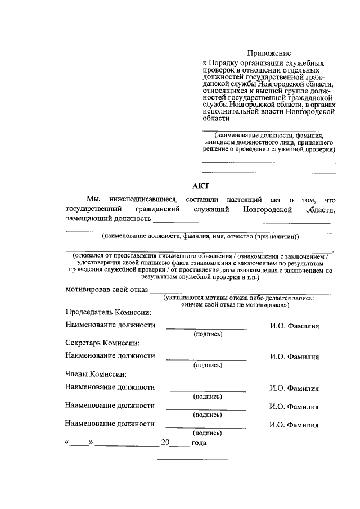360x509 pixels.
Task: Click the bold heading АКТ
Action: [200, 187]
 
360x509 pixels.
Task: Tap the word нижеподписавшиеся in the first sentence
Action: [144, 199]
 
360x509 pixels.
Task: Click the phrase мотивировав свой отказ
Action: [106, 290]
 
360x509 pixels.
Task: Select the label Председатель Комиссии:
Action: [109, 312]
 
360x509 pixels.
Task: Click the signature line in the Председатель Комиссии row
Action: [206, 328]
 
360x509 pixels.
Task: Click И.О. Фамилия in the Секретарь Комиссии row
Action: [294, 357]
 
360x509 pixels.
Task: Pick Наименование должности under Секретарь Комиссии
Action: [110, 356]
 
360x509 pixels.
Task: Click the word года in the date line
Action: [199, 443]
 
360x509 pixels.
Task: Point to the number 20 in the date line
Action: [165, 443]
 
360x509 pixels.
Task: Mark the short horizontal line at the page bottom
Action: [199, 460]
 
